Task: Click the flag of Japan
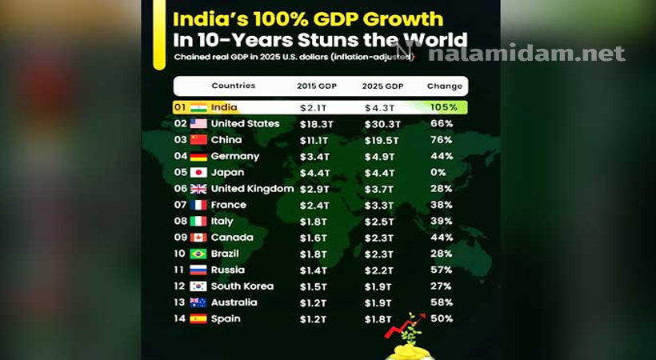pyautogui.click(x=198, y=173)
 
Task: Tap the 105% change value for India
pyautogui.click(x=444, y=107)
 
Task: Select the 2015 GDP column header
pyautogui.click(x=317, y=86)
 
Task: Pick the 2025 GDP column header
pyautogui.click(x=383, y=86)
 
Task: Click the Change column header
pyautogui.click(x=445, y=86)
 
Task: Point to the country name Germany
pyautogui.click(x=235, y=157)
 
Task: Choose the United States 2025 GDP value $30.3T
pyautogui.click(x=382, y=124)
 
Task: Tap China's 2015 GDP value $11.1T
pyautogui.click(x=314, y=141)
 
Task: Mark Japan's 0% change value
pyautogui.click(x=438, y=173)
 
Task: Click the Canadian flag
pyautogui.click(x=198, y=238)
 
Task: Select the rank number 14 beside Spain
pyautogui.click(x=179, y=318)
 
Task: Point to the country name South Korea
pyautogui.click(x=242, y=286)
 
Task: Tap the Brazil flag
pyautogui.click(x=198, y=254)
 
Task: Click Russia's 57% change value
pyautogui.click(x=442, y=270)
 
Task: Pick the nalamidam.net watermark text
pyautogui.click(x=526, y=53)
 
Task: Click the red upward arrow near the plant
pyautogui.click(x=405, y=326)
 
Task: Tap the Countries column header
pyautogui.click(x=234, y=86)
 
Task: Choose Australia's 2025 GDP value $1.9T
pyautogui.click(x=378, y=303)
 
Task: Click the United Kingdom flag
pyautogui.click(x=198, y=189)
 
